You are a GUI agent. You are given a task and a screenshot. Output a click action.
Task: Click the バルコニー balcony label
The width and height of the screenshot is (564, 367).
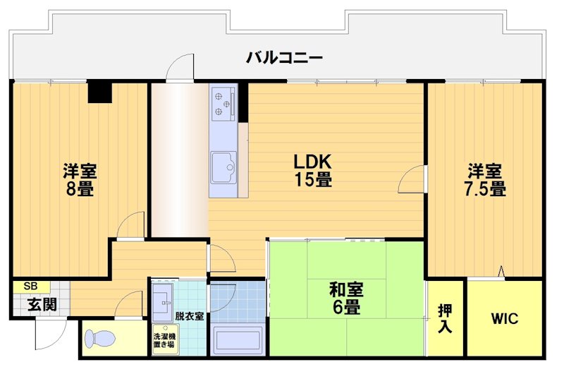[284, 57]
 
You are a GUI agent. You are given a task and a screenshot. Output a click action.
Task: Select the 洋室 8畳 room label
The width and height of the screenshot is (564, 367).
[79, 179]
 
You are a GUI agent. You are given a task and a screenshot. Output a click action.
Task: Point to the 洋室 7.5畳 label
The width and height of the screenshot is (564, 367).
[484, 179]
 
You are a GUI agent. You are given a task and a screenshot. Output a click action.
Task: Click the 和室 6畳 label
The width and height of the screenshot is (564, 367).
[345, 298]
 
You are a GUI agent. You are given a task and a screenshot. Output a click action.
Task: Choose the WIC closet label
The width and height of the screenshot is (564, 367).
[504, 319]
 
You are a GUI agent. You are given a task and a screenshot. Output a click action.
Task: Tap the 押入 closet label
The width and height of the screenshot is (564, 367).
[445, 319]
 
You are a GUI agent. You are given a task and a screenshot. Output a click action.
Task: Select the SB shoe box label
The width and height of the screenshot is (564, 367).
[31, 287]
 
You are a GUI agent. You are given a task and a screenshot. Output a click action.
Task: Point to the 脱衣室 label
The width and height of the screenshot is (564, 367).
[190, 316]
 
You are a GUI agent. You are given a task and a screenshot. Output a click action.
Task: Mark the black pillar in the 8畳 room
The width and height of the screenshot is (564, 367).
[99, 92]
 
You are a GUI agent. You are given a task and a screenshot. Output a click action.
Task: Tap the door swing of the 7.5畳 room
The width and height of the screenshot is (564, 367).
[413, 180]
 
